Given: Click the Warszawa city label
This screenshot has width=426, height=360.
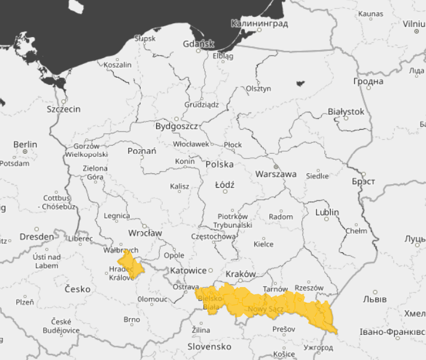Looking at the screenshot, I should (x=276, y=174).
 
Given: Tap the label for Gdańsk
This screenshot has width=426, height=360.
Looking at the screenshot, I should (x=199, y=44).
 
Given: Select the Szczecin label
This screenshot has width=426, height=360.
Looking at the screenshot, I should (x=63, y=109).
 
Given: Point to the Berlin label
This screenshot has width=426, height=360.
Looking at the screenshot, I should (x=25, y=145).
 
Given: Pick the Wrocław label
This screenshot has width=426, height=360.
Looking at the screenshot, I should (x=145, y=233).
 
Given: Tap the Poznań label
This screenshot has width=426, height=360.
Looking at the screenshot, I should (x=142, y=151).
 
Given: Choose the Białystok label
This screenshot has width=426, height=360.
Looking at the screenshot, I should (x=346, y=112).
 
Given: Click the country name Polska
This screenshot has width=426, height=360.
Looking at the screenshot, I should (x=220, y=164).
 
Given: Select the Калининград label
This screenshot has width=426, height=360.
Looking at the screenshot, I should (x=260, y=24).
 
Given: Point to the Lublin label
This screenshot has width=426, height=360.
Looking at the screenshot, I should (x=327, y=212).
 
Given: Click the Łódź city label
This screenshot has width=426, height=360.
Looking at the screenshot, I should (x=225, y=185).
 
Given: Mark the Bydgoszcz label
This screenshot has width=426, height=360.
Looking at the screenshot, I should (x=177, y=127).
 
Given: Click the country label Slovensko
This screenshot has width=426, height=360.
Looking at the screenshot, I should (x=209, y=346).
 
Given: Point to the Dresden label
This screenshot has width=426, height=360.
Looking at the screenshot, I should (x=36, y=236).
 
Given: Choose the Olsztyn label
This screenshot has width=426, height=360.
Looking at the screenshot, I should (x=258, y=89).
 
